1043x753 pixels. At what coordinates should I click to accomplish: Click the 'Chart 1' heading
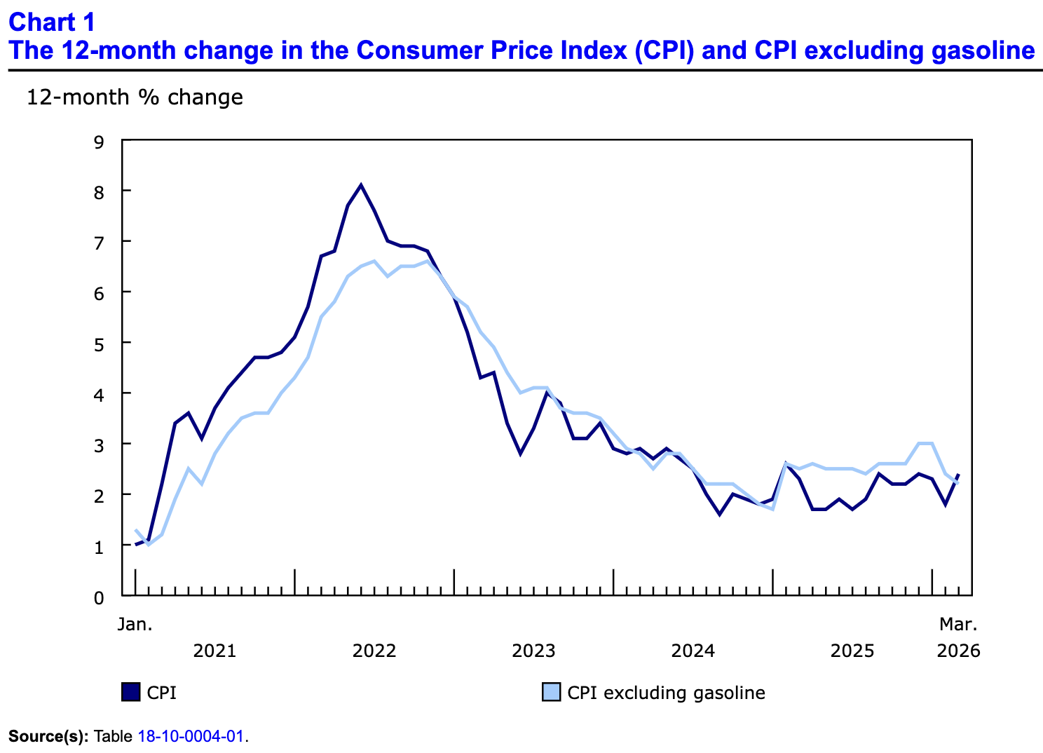pos(51,22)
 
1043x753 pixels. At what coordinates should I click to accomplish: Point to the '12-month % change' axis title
pos(135,97)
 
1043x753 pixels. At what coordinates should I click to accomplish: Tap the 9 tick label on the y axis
pos(99,142)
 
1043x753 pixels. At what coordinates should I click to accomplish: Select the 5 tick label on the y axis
pos(99,345)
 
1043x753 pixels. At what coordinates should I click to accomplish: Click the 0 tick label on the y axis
pos(99,598)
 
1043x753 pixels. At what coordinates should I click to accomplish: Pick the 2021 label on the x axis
pos(214,651)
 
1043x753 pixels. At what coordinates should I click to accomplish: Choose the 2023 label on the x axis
pos(533,651)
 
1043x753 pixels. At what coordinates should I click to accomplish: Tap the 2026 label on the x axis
pos(958,651)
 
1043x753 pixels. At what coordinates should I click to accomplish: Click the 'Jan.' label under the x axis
pos(135,624)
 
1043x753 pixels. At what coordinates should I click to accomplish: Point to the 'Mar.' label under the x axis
pos(958,624)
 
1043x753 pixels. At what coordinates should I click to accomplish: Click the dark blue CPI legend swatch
pos(131,692)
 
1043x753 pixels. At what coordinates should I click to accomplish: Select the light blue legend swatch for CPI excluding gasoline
pos(552,692)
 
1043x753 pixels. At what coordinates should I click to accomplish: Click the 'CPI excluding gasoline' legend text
pos(666,693)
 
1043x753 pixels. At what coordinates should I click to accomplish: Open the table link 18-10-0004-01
pos(191,737)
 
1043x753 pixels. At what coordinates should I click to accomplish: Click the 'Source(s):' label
pos(48,737)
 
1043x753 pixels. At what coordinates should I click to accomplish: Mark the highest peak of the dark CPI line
pos(361,185)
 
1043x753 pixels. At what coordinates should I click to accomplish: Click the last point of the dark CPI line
pos(958,474)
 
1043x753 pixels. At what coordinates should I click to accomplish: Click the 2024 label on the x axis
pos(693,651)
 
